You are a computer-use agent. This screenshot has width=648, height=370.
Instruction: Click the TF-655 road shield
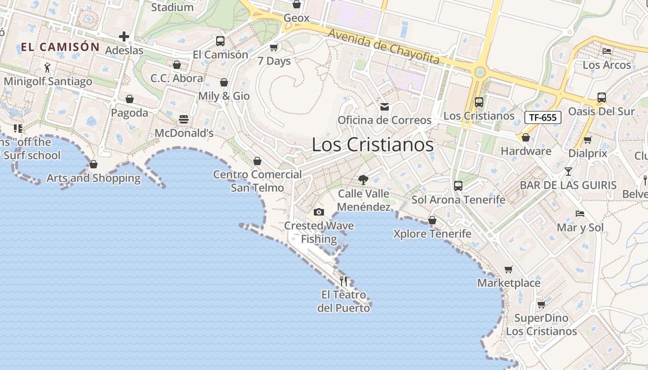pyautogui.click(x=542, y=117)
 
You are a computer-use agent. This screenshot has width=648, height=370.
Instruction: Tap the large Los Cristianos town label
pyautogui.click(x=373, y=145)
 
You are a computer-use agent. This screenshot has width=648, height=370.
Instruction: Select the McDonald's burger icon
pyautogui.click(x=184, y=119)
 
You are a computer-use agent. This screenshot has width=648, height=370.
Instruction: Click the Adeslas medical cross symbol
pyautogui.click(x=124, y=36)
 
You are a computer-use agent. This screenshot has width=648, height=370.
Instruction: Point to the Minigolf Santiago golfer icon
pyautogui.click(x=47, y=68)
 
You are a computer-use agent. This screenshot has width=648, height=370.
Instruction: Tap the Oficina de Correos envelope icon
pyautogui.click(x=384, y=107)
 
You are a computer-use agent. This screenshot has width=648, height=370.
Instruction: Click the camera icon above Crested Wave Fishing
pyautogui.click(x=318, y=212)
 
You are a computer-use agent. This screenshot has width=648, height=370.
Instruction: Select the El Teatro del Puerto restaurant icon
pyautogui.click(x=343, y=281)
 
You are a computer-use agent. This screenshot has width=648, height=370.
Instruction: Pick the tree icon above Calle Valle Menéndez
pyautogui.click(x=363, y=179)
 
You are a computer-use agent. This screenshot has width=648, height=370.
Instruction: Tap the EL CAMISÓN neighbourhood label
pyautogui.click(x=60, y=47)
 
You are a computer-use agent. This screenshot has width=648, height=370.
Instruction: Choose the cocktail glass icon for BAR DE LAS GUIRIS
pyautogui.click(x=568, y=172)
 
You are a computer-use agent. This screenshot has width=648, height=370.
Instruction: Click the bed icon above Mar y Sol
pyautogui.click(x=580, y=214)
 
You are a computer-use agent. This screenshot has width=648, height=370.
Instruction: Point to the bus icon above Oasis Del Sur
pyautogui.click(x=601, y=98)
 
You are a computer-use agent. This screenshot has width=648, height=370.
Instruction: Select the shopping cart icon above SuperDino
pyautogui.click(x=541, y=304)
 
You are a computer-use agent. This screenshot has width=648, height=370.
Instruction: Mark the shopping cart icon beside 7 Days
pyautogui.click(x=274, y=47)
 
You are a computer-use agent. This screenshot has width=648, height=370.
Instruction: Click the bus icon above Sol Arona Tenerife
pyautogui.click(x=458, y=186)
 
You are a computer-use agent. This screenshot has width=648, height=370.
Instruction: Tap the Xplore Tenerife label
pyautogui.click(x=432, y=234)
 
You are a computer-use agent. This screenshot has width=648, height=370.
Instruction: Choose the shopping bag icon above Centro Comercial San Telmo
pyautogui.click(x=257, y=161)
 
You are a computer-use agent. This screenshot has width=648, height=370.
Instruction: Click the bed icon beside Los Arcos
pyautogui.click(x=607, y=51)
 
